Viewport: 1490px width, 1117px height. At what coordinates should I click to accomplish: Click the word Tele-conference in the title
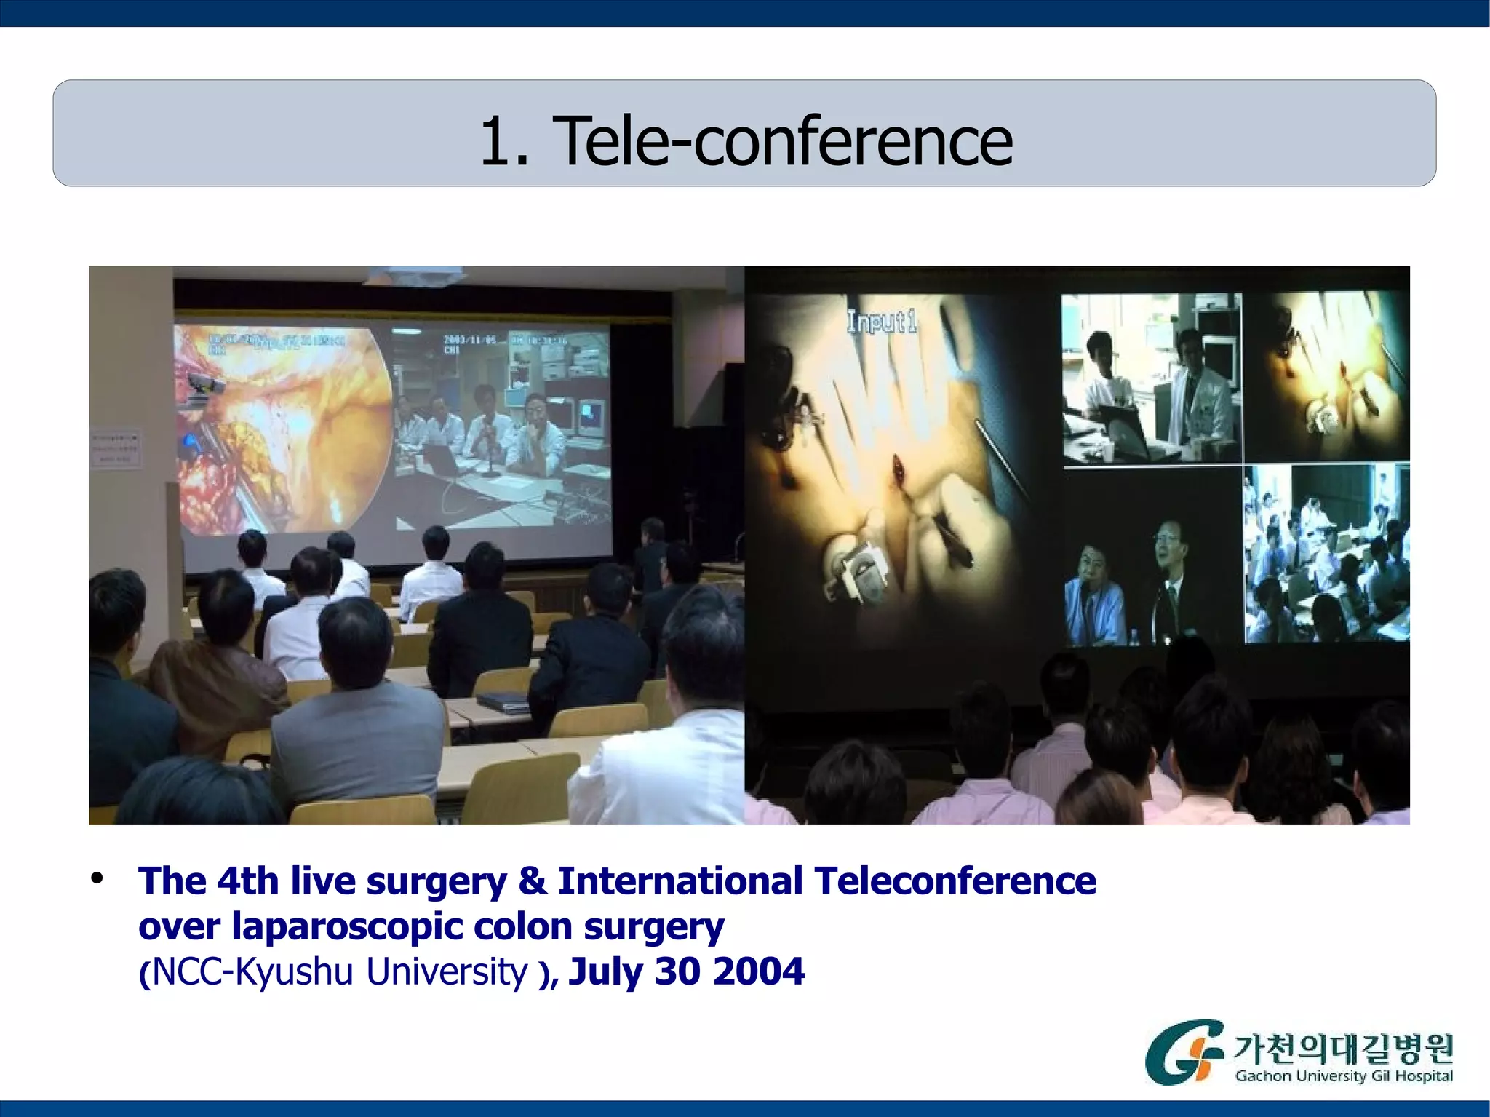click(782, 141)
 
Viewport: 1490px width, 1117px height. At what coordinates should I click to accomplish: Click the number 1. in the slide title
click(503, 141)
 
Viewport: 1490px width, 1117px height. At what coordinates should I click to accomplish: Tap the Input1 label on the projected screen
click(880, 321)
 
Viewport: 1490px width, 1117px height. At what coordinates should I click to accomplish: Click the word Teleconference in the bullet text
click(955, 881)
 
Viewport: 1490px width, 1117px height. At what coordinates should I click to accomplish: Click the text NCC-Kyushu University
click(340, 972)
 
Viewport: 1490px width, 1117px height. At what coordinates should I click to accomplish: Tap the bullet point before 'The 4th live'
click(97, 879)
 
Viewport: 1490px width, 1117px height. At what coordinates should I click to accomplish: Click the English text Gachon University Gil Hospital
click(1343, 1076)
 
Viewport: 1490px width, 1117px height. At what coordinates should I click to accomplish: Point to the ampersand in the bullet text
click(532, 881)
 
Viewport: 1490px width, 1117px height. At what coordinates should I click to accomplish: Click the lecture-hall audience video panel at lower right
click(1326, 555)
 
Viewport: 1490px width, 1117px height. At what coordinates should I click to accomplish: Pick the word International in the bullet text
click(680, 881)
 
